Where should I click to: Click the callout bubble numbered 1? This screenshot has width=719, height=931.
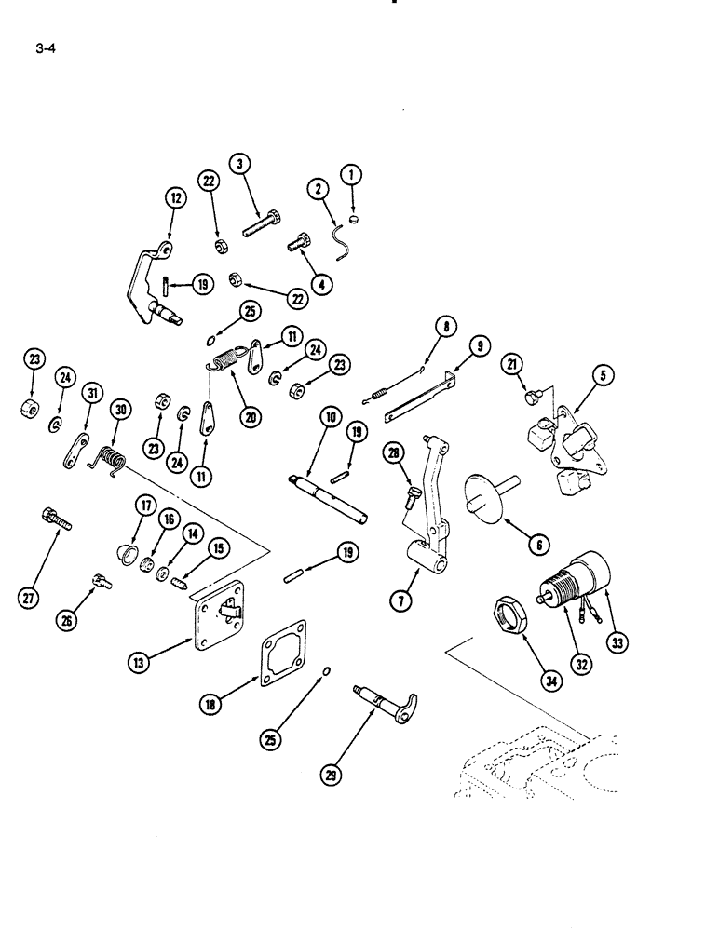[352, 173]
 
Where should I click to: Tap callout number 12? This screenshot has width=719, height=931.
[175, 196]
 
